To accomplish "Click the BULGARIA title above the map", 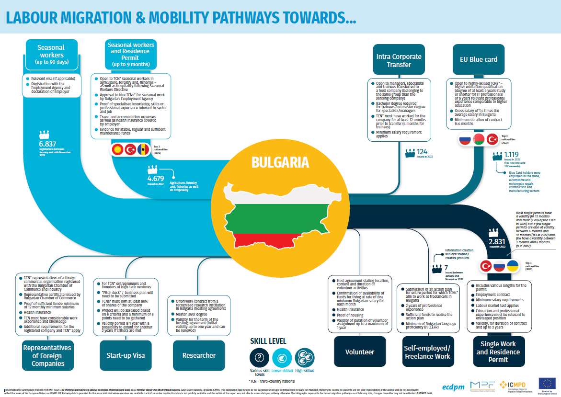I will [x=280, y=162].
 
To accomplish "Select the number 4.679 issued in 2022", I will [x=156, y=179].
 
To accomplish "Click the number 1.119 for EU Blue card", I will [x=511, y=155].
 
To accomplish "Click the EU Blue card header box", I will [x=475, y=60].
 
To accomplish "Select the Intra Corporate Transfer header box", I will [x=399, y=60].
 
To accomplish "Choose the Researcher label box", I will [x=199, y=355].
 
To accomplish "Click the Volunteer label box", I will [x=359, y=352].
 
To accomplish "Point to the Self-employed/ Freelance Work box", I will [x=427, y=352].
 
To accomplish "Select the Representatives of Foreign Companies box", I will [x=47, y=355].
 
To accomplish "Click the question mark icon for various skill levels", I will [x=259, y=357].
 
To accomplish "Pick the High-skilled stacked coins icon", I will [x=304, y=357].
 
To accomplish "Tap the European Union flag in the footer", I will [x=547, y=383].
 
